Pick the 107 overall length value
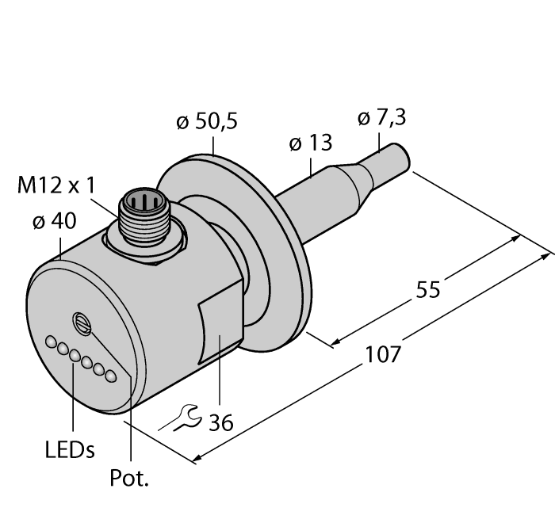pos(382,353)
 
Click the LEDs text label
pos(69,450)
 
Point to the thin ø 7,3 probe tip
pos(388,170)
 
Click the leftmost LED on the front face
pos(52,342)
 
